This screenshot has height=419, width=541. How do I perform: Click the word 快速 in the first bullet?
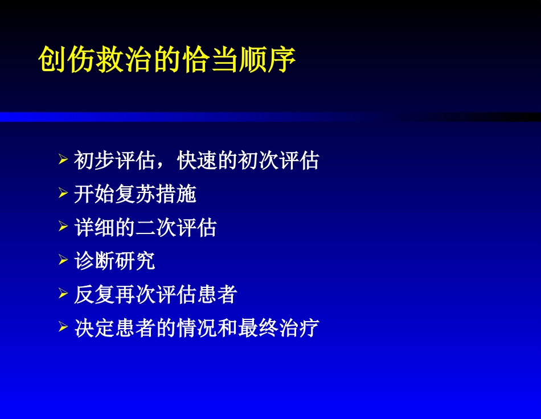tap(198, 161)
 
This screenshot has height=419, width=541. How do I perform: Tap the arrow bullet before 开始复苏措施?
tap(63, 194)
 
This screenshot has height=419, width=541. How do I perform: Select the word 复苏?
tap(135, 195)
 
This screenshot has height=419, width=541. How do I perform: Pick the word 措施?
tap(176, 195)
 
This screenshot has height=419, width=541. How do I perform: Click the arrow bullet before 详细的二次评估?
tap(63, 228)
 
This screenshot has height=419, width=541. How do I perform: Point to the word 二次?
tap(155, 228)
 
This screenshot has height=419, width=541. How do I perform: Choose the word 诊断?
tap(94, 262)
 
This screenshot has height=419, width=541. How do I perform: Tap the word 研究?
tap(135, 262)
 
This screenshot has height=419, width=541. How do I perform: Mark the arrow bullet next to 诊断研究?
tap(63, 261)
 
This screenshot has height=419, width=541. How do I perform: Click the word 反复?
tap(94, 295)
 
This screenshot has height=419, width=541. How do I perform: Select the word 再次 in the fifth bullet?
tap(135, 295)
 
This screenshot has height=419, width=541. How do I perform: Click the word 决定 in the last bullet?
tap(94, 329)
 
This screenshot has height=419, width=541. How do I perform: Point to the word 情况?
tap(196, 329)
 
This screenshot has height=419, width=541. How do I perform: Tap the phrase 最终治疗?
tap(278, 329)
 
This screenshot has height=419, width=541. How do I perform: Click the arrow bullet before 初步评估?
tap(63, 161)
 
